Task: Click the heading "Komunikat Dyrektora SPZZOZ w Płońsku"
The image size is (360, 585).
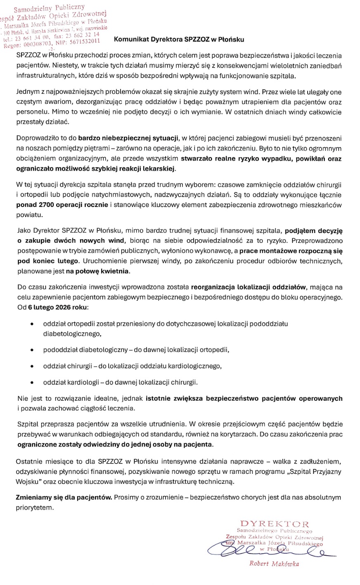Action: click(x=179, y=40)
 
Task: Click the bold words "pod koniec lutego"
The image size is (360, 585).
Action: click(x=47, y=262)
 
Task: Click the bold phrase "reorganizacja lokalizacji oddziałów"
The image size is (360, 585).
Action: click(x=248, y=288)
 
